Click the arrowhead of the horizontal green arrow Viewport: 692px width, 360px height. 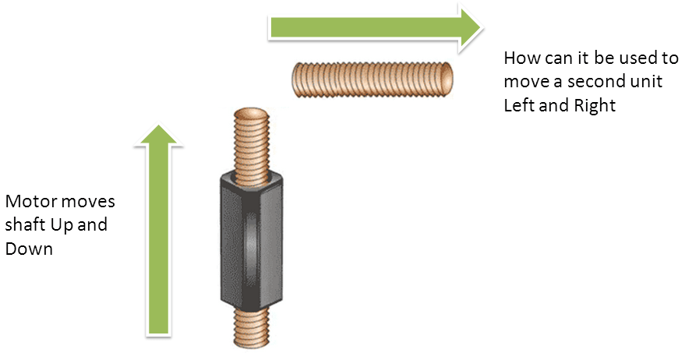468,28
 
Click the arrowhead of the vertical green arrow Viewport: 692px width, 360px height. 159,136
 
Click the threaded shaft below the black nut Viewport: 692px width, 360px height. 252,326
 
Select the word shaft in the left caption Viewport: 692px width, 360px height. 24,226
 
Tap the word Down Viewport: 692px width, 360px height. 29,249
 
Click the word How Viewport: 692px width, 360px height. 521,58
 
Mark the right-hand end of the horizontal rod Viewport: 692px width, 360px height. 448,78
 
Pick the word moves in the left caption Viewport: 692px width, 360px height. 89,203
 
